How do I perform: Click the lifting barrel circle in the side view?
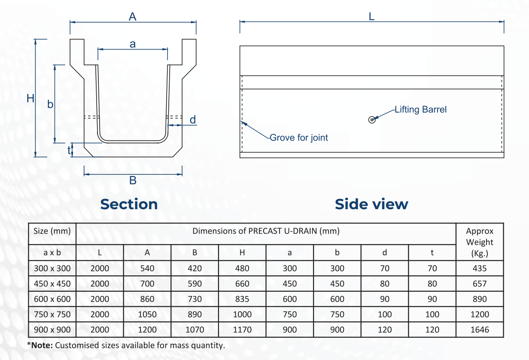(372, 120)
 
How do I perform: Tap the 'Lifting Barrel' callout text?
(421, 110)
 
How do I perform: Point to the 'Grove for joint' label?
(299, 137)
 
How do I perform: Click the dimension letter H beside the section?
(30, 98)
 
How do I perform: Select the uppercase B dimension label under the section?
(133, 180)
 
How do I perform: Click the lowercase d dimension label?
(193, 119)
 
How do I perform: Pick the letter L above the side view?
(371, 16)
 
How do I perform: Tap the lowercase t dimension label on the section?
(69, 150)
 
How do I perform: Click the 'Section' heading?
(129, 204)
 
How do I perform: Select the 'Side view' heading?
(371, 204)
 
